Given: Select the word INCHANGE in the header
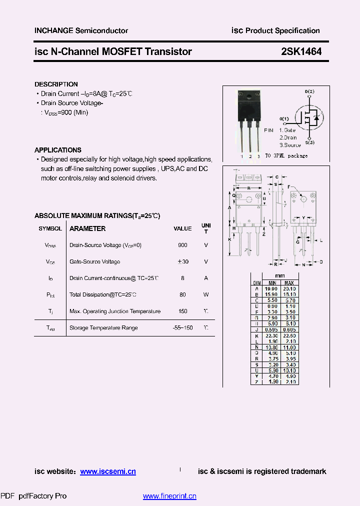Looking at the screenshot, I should [53, 30].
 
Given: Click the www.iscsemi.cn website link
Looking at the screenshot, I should [108, 471].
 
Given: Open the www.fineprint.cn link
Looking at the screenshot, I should [169, 496].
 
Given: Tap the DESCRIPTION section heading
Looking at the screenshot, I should [56, 84].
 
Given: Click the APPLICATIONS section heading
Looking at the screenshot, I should [57, 150].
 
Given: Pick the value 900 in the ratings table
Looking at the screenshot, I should [182, 245].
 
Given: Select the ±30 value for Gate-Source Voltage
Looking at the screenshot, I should [182, 262].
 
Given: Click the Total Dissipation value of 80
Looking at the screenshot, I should [182, 295].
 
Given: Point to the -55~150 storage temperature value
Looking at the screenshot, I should [182, 328].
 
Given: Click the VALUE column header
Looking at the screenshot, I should [182, 228].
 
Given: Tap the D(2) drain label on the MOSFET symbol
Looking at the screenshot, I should [309, 92].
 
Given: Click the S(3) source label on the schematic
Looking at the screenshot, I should [309, 143].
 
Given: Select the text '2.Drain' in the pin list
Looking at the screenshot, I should [288, 137].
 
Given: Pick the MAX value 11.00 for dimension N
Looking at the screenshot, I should [291, 347].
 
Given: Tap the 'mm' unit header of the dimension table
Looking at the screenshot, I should [280, 276].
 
